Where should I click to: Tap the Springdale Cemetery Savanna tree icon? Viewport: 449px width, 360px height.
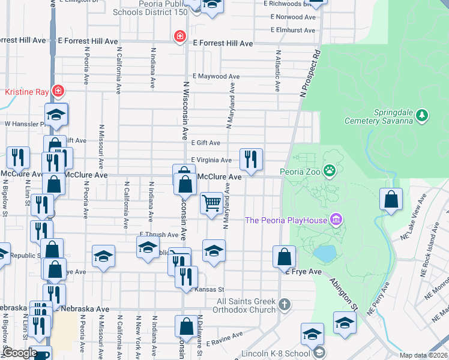tap(422, 114)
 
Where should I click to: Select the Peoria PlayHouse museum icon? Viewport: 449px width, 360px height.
tap(336, 220)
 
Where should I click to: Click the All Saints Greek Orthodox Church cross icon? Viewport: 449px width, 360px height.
tap(285, 304)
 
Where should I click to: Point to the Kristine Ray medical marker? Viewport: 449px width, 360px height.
tap(58, 92)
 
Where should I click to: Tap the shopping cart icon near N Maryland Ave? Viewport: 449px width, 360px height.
tap(211, 203)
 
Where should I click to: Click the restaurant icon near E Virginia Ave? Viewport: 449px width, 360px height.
tap(250, 160)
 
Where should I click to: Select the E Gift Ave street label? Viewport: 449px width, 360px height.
tap(206, 143)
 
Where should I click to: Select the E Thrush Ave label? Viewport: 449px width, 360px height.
tap(159, 235)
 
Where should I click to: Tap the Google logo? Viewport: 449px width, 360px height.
tap(19, 353)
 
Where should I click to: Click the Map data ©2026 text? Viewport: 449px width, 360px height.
tap(424, 355)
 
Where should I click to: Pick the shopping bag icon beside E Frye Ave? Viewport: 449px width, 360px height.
tap(284, 257)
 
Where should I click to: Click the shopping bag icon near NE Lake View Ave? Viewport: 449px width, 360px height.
tap(391, 200)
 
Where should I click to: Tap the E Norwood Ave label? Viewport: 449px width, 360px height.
tap(292, 17)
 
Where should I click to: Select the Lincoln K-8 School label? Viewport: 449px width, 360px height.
tap(275, 353)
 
